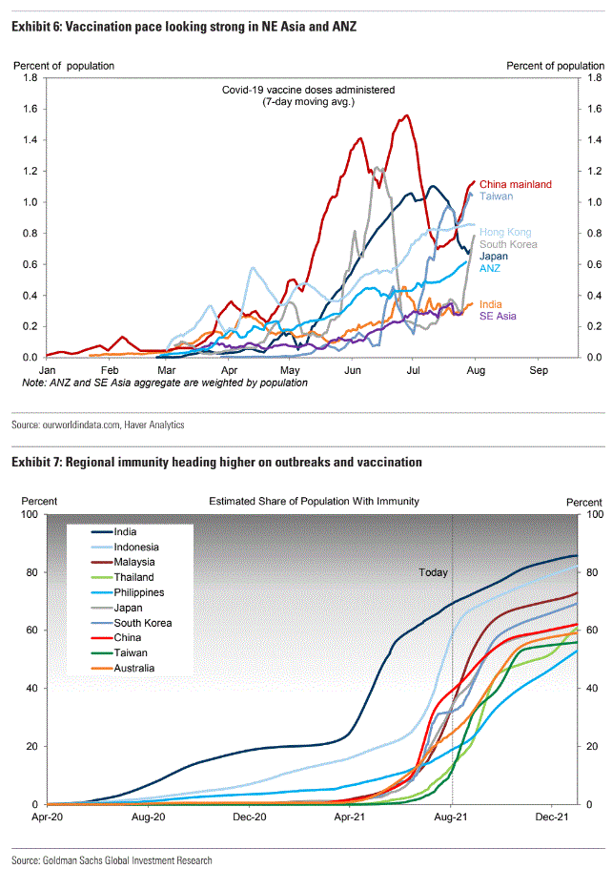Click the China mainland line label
coord(515,184)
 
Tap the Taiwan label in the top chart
coord(496,197)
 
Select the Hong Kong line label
coord(505,232)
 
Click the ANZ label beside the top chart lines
coord(490,268)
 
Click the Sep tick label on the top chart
coord(539,369)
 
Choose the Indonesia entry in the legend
coord(136,547)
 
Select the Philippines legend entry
coord(139,592)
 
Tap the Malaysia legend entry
coord(135,562)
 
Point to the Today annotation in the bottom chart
coord(433,573)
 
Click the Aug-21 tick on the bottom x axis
coord(452,817)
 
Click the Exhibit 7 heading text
coord(216,462)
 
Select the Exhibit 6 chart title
coord(184,27)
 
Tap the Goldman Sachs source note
coord(112,860)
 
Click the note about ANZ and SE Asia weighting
coord(165,383)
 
